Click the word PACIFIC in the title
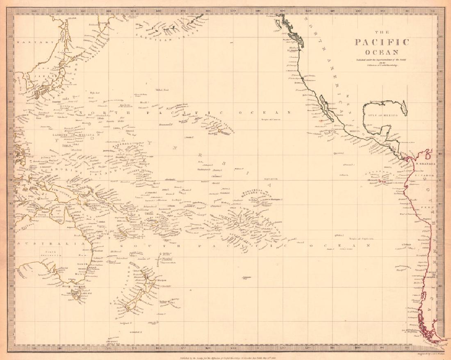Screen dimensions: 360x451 [x=382, y=43]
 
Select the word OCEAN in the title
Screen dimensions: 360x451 [x=382, y=52]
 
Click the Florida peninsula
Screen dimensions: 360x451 [x=404, y=107]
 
